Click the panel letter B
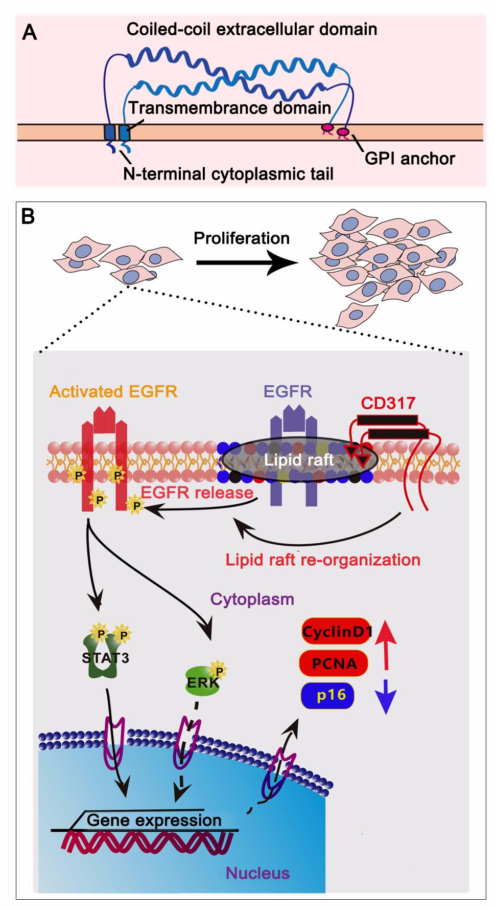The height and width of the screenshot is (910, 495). [28, 217]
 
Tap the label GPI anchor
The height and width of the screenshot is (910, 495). [410, 159]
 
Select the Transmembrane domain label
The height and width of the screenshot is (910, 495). [229, 108]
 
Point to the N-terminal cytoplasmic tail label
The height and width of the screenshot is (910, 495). [228, 174]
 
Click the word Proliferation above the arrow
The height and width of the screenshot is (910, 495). [242, 238]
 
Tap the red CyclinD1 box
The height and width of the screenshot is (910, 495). [336, 632]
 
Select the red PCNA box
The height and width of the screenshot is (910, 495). [334, 664]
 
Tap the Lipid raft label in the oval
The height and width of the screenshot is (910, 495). [298, 460]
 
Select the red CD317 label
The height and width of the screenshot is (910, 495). [388, 403]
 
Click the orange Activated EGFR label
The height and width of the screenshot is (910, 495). [113, 392]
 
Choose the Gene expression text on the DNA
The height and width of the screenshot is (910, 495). [154, 820]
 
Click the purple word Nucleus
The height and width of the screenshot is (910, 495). [257, 873]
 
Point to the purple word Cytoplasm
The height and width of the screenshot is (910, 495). [252, 599]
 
